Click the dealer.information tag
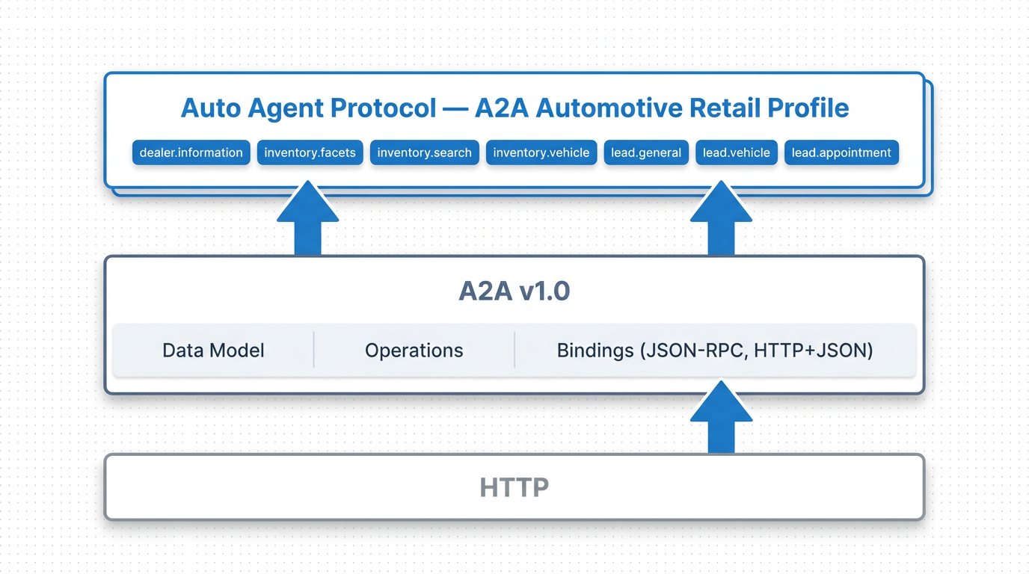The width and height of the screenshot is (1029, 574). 191,152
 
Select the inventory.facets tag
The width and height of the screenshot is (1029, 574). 310,152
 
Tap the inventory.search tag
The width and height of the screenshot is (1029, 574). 424,152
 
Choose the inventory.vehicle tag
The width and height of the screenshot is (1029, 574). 541,152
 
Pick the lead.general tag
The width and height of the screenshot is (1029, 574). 646,152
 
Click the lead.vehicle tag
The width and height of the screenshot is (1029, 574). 737,152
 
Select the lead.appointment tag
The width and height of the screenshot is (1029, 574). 841,152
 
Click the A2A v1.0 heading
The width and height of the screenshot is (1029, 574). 514,291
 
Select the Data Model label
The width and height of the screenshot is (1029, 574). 213,351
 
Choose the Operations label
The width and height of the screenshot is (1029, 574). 414,351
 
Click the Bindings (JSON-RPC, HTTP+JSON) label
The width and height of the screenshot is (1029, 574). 715,351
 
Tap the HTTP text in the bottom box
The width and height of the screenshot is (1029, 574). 514,487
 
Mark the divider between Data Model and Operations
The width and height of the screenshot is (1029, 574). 314,351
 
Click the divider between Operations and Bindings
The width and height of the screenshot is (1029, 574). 515,351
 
